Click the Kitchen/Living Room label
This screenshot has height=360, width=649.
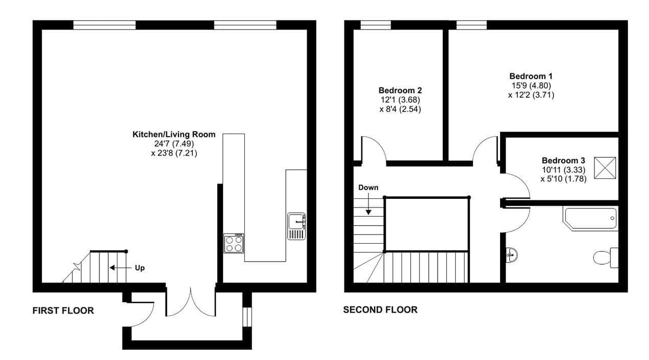(x=174, y=135)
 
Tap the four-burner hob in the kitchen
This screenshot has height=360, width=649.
(x=234, y=243)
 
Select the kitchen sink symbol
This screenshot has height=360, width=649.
(x=296, y=226)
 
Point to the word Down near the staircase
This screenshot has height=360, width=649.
(x=368, y=187)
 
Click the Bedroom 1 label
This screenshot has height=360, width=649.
(x=531, y=76)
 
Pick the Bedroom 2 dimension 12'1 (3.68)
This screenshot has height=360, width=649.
(x=400, y=100)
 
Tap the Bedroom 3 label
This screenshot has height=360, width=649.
(x=563, y=161)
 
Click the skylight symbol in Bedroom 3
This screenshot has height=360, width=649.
(x=605, y=168)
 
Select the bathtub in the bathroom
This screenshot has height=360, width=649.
(x=590, y=219)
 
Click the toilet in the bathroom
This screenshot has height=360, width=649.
(x=606, y=258)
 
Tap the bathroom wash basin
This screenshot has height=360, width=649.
(x=512, y=255)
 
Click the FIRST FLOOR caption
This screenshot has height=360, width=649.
(x=63, y=311)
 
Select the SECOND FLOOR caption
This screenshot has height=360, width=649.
(x=380, y=310)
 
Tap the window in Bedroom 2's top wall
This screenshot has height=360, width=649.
(x=376, y=25)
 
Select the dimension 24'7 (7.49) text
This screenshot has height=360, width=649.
(x=174, y=144)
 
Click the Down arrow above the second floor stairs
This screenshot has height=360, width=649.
(x=368, y=204)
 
